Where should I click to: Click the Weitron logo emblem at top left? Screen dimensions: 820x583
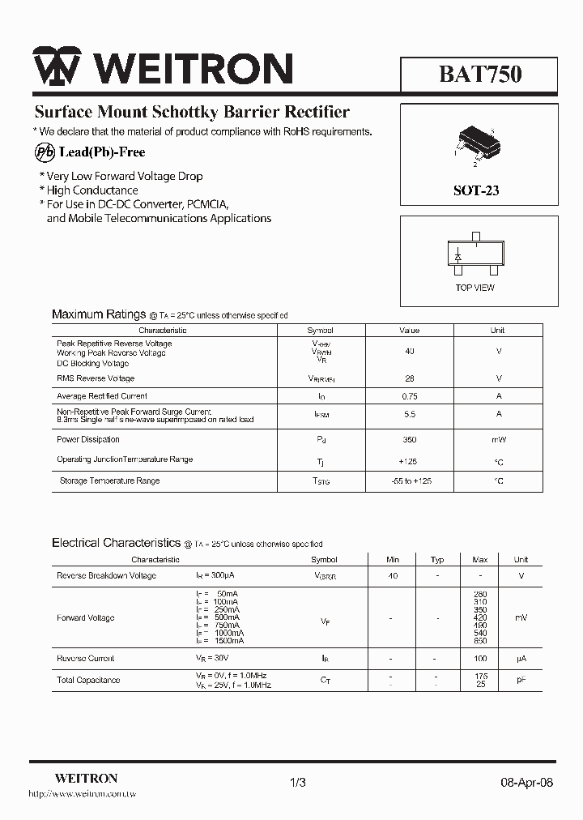click(x=57, y=67)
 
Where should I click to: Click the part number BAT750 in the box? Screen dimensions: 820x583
click(x=480, y=75)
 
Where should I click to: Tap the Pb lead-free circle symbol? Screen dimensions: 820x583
click(x=45, y=152)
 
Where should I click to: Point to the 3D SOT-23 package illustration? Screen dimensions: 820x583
click(x=477, y=143)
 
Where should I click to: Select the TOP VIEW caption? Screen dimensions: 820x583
click(x=474, y=288)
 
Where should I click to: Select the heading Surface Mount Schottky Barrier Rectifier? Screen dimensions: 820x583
click(x=192, y=113)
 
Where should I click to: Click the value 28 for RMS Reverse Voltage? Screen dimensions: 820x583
click(x=410, y=378)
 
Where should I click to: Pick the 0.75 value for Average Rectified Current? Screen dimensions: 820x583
click(x=410, y=396)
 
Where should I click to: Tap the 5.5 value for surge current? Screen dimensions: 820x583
click(x=410, y=414)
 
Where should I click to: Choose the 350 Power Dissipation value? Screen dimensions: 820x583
click(x=410, y=440)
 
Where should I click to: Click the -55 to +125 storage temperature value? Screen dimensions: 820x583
click(x=411, y=481)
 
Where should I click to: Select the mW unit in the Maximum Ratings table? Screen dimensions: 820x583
click(x=498, y=440)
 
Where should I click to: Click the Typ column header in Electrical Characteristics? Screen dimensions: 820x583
click(x=437, y=560)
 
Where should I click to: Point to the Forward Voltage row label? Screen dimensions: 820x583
click(x=85, y=618)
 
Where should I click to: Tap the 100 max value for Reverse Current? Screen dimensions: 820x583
click(x=480, y=659)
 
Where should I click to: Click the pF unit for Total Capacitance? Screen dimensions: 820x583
click(x=521, y=681)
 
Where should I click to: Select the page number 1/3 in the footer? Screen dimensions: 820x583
click(x=297, y=783)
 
